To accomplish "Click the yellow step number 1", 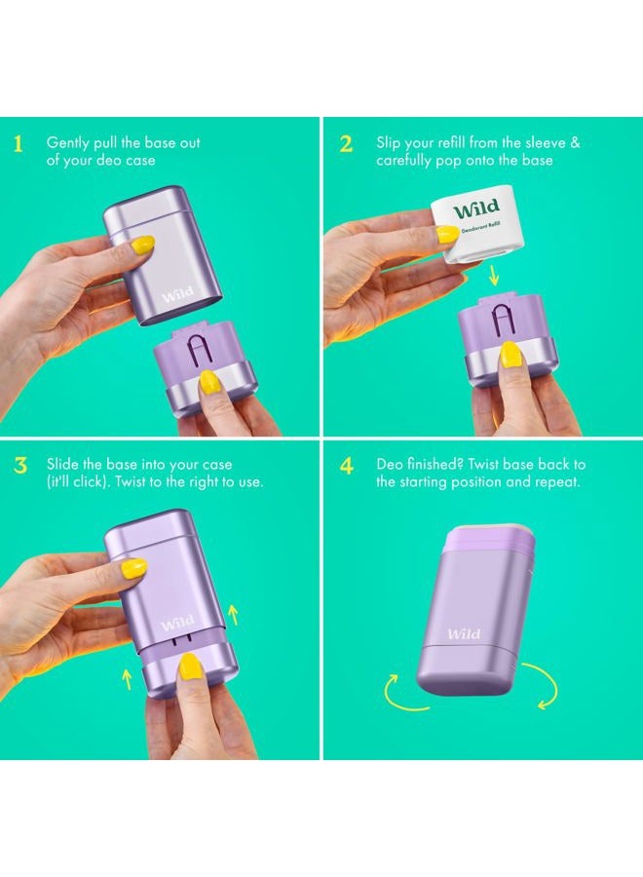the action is coord(19,144).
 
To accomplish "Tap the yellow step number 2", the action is coord(346,144).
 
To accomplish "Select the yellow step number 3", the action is coord(20,466).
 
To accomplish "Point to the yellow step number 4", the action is coord(347,466).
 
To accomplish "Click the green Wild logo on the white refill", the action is coord(476,210).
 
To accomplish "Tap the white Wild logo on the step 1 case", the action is coord(178,293).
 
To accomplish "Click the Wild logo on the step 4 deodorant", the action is coord(464,633).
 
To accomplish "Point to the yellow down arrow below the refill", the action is coord(493,275).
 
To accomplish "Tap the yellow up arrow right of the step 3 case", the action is coord(234,614).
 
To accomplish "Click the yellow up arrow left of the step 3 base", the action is coord(127,679).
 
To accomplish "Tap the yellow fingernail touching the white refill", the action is coord(447,234).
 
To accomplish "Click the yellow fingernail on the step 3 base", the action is coord(189,666).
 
